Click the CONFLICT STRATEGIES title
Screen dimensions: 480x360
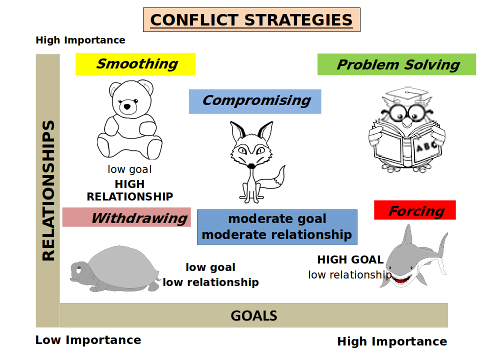(251, 20)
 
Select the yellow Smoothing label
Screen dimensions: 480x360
(135, 64)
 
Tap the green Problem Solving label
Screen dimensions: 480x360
(396, 64)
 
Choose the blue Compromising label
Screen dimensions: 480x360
(255, 101)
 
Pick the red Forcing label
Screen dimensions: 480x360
(415, 210)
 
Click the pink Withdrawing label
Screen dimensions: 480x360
(126, 217)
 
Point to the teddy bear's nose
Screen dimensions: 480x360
(127, 106)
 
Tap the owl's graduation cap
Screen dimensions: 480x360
(406, 94)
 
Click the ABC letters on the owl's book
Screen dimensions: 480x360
(426, 146)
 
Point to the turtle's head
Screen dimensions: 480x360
(79, 271)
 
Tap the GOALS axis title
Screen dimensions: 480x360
(254, 315)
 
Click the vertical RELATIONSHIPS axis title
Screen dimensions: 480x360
(48, 190)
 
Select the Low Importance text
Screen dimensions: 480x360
(88, 340)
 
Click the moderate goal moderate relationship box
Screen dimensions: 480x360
(277, 227)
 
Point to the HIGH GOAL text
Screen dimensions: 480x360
(350, 259)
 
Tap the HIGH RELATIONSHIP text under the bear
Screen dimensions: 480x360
(130, 190)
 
